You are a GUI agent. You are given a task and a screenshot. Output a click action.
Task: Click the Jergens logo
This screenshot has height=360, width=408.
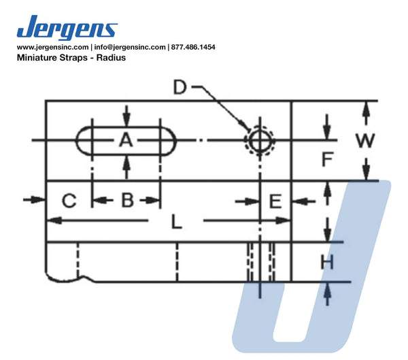click(67, 27)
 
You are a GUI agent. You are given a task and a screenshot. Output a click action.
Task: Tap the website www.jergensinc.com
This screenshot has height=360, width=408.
click(52, 47)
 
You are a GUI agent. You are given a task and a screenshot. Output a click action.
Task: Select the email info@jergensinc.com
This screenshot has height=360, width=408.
click(130, 47)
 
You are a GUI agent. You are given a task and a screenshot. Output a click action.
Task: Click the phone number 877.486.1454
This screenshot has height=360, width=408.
click(193, 47)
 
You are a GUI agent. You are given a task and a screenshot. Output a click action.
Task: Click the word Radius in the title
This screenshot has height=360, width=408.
click(111, 58)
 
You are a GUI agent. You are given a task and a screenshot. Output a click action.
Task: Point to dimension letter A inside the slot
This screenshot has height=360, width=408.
click(126, 140)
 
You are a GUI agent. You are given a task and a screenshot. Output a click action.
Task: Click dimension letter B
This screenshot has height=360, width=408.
click(128, 200)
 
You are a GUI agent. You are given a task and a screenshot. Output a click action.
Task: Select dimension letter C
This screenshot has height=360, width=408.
click(69, 201)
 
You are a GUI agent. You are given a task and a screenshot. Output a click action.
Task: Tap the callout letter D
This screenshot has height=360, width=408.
click(180, 87)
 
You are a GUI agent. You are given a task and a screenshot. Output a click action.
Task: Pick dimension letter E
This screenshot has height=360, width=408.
click(275, 201)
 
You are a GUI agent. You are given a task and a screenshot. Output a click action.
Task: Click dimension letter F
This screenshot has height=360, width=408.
click(328, 159)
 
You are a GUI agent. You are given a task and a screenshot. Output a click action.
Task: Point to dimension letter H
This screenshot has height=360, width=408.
click(327, 262)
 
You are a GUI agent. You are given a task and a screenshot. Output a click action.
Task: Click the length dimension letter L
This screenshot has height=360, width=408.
click(176, 223)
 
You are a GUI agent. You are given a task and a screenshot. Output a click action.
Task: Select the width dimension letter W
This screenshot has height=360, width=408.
click(365, 140)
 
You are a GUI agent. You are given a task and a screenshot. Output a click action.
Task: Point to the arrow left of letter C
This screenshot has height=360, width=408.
click(34, 200)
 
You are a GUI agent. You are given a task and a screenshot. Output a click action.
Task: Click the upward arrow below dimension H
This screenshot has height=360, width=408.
click(327, 294)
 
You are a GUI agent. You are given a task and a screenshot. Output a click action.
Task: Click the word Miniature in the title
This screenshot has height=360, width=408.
click(37, 58)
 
